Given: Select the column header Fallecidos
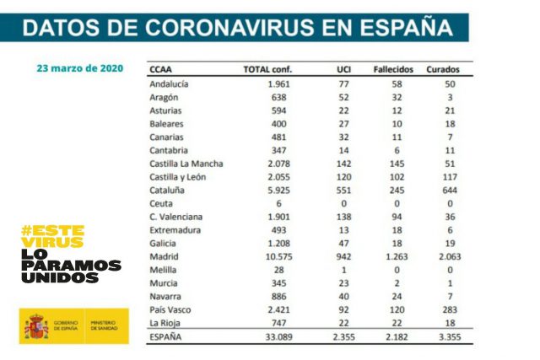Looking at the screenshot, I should tap(393, 69).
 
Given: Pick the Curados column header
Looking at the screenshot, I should tap(443, 69).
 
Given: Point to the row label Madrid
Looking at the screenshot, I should tap(164, 256).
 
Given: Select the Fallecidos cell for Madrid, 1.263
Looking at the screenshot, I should tap(393, 256).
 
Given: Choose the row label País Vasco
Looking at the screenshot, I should tap(170, 309).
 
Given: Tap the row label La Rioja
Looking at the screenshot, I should tap(165, 322).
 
